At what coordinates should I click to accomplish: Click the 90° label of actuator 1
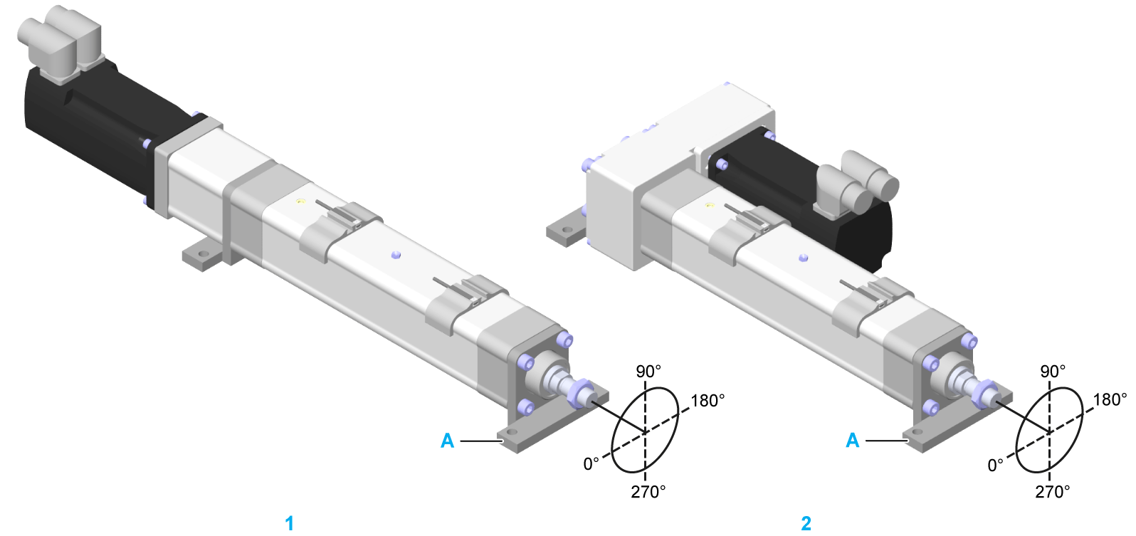click(648, 372)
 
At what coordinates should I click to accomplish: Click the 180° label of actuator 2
click(1110, 399)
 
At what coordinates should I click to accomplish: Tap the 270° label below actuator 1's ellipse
click(648, 492)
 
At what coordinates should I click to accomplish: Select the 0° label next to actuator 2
click(995, 466)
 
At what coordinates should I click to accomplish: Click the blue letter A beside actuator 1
click(447, 441)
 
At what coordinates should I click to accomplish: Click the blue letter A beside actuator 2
click(852, 441)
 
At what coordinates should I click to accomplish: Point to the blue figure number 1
click(289, 523)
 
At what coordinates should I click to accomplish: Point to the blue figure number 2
click(806, 523)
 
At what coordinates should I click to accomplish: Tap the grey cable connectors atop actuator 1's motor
click(61, 43)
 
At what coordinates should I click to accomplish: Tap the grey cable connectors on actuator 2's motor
click(858, 183)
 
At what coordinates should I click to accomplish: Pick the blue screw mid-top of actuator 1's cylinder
click(396, 254)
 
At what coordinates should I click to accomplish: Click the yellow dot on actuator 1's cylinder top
click(301, 201)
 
